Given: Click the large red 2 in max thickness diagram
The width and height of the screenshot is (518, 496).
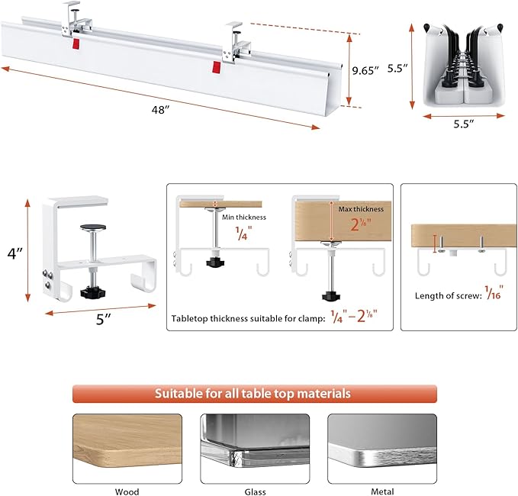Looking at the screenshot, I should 354,226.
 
